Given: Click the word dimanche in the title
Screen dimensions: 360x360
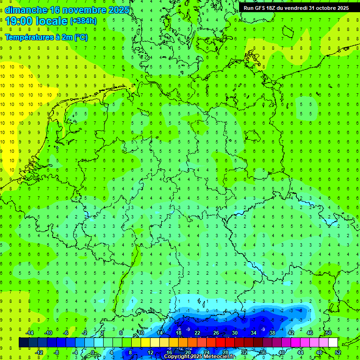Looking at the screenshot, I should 26,10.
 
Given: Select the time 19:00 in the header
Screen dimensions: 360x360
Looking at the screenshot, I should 19,21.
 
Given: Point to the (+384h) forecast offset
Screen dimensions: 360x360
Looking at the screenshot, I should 83,21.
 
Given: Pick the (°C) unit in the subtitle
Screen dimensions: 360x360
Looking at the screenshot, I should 80,37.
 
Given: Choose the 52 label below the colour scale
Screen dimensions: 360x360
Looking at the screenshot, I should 338,352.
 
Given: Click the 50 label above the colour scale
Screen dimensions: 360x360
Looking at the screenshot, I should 328,333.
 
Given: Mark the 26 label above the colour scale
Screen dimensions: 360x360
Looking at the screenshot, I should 216,333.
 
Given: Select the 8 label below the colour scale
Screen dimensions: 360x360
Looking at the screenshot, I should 130,352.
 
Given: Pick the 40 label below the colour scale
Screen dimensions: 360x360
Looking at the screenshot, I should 282,352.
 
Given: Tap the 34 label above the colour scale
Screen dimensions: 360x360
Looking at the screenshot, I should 254,333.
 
